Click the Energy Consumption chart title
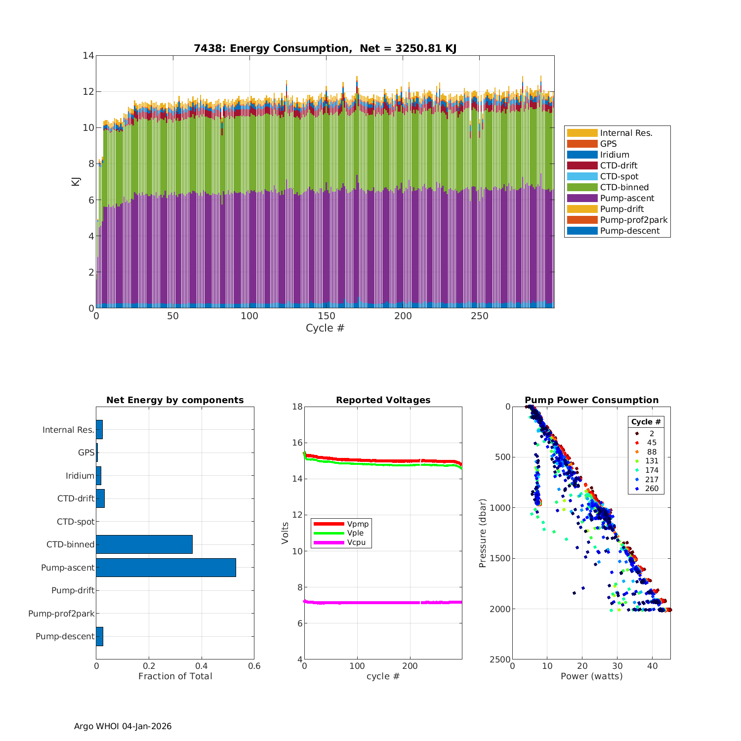tap(325, 48)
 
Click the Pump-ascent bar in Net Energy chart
tap(166, 568)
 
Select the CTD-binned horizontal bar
tap(144, 544)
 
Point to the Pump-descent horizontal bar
tap(100, 636)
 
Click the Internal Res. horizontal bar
tap(99, 430)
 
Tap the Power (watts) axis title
tap(591, 676)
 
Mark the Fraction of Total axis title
tap(175, 676)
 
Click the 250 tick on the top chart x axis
tap(479, 317)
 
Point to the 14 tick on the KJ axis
tap(88, 55)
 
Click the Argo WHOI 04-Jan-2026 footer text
tap(123, 726)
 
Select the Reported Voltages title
tap(383, 400)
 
